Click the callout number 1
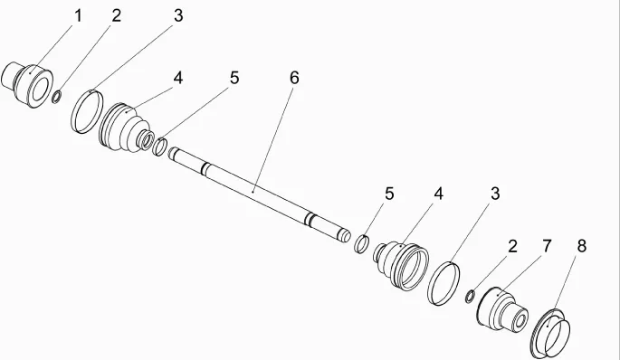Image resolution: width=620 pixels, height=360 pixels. [x=78, y=16]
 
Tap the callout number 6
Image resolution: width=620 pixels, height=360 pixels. [x=294, y=78]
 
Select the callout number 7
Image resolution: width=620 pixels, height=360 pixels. [x=547, y=246]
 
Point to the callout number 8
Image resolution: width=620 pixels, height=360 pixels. [x=581, y=246]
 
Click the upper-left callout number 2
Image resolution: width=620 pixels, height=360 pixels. [x=116, y=16]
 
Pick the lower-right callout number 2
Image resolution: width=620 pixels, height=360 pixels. [x=512, y=246]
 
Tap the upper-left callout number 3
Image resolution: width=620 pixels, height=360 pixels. [x=178, y=16]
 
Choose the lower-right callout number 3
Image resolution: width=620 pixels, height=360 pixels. [x=495, y=194]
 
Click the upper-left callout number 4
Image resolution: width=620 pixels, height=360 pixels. [x=178, y=78]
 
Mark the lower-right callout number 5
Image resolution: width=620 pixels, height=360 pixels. [x=389, y=194]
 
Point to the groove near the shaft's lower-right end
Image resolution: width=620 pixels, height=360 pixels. [x=310, y=220]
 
